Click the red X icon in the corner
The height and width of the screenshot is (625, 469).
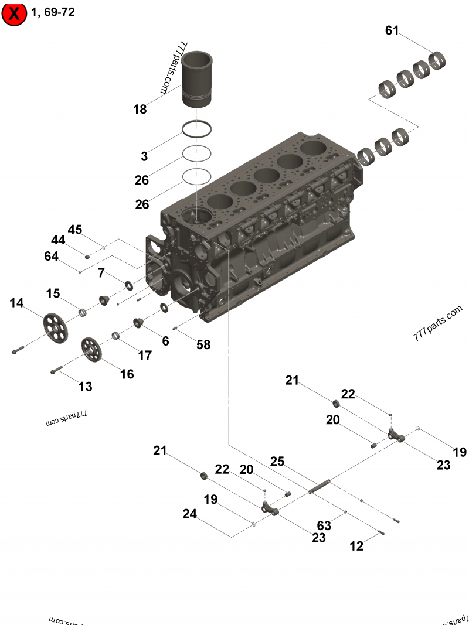(x=14, y=13)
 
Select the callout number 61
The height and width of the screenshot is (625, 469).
(x=392, y=30)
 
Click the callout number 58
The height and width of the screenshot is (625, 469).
(x=203, y=345)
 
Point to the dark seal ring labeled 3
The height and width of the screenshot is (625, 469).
(x=196, y=130)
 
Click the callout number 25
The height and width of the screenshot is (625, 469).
(x=277, y=462)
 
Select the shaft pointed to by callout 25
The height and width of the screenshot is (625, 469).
(x=320, y=486)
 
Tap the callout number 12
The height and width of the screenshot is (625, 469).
(x=356, y=547)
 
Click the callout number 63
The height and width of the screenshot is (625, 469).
(x=324, y=526)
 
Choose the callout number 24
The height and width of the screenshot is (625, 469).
(x=189, y=514)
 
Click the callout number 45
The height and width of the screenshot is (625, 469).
(x=75, y=229)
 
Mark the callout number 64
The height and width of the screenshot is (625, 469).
(x=52, y=256)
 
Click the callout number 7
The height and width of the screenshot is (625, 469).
(x=101, y=272)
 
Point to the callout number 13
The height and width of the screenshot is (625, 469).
(x=86, y=387)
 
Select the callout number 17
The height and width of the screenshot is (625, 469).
(x=145, y=355)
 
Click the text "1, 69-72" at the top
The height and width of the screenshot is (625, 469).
(x=53, y=12)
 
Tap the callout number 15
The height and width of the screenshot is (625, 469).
(x=53, y=293)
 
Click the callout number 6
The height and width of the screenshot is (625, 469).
(x=166, y=340)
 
